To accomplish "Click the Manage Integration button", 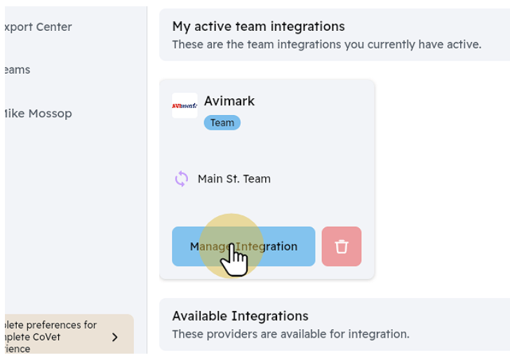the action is tap(243, 246).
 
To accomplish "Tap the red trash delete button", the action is tap(342, 246).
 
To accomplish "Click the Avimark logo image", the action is tap(184, 106).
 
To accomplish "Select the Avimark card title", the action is tap(229, 101).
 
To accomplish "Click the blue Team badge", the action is tap(222, 123).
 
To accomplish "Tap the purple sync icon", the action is tap(182, 179).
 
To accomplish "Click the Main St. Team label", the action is tap(234, 179).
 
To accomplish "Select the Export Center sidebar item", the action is tap(38, 27).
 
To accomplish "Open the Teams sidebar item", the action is tap(17, 70).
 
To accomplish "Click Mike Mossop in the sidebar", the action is tap(38, 114).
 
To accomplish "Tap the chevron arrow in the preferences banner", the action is tap(115, 338).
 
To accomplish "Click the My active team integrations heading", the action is tap(258, 27).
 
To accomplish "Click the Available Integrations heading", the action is tap(240, 316).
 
